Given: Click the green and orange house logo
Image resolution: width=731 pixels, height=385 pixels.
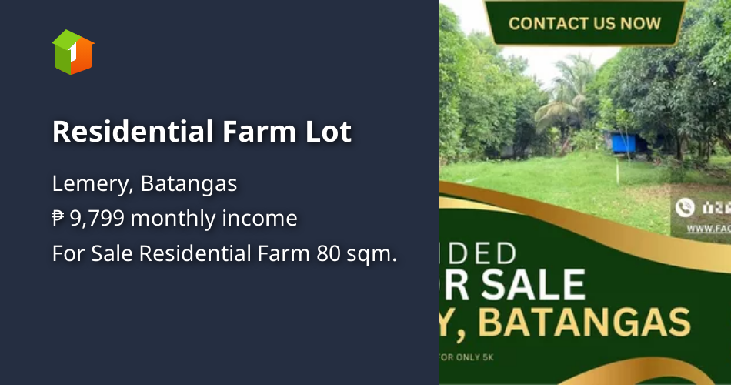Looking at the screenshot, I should (x=73, y=52).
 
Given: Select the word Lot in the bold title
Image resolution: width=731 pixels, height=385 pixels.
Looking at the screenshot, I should (x=326, y=132).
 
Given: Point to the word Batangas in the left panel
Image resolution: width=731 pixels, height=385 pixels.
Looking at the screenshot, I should (x=189, y=185).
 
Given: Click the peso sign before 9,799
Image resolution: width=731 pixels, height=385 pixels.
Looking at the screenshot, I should (x=58, y=219).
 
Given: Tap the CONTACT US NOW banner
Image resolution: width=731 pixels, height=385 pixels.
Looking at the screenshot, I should (x=584, y=22).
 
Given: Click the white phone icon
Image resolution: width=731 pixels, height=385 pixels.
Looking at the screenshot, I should (x=684, y=207).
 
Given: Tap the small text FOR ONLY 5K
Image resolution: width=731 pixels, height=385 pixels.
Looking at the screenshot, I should (x=462, y=357).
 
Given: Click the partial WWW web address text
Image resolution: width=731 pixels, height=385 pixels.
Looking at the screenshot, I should (x=708, y=229).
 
